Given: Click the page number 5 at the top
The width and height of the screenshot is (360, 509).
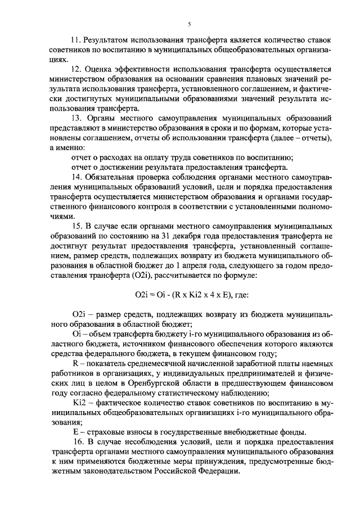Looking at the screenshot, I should click(x=189, y=24).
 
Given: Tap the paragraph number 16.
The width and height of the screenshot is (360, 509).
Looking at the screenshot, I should click(x=76, y=442).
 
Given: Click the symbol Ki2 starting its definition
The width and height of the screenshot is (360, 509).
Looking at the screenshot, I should click(x=78, y=403).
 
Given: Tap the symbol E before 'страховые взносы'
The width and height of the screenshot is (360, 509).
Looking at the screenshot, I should click(x=75, y=432).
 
